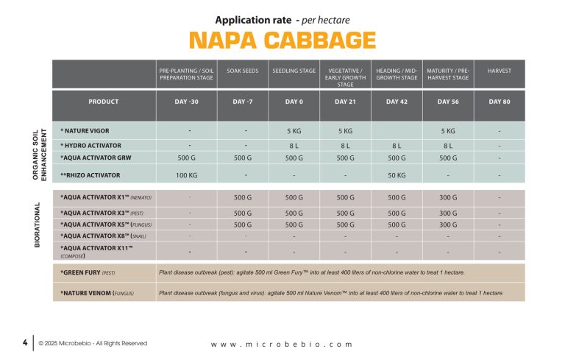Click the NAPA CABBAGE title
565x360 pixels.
(x=282, y=40)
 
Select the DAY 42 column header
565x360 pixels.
(x=397, y=102)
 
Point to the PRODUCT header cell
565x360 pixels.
(x=103, y=102)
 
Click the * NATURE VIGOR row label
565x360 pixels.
(x=86, y=130)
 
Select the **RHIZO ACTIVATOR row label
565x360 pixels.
(x=90, y=175)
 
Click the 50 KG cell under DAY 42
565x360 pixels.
(x=397, y=175)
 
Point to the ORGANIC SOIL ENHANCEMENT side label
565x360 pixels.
(x=38, y=152)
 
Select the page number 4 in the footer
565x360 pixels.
(x=24, y=342)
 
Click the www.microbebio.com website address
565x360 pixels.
(x=282, y=344)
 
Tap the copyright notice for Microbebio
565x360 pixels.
(x=93, y=343)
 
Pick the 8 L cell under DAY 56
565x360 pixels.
(x=447, y=146)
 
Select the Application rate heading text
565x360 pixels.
(x=282, y=19)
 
